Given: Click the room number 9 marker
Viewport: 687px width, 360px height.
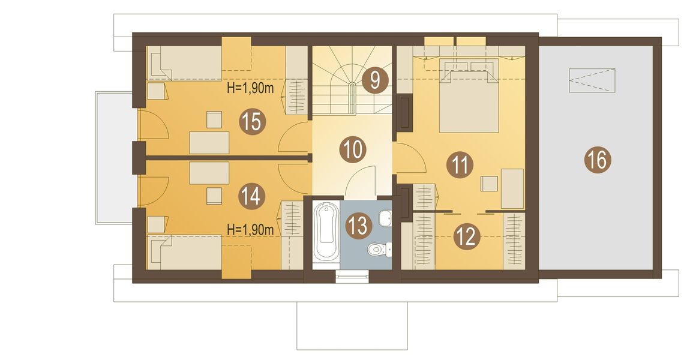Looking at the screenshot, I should click(x=375, y=80).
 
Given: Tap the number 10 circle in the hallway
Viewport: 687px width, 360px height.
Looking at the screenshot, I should click(x=354, y=149).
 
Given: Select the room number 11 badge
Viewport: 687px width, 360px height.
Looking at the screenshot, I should click(x=460, y=164).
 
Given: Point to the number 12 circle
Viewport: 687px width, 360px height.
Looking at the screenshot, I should click(x=467, y=236).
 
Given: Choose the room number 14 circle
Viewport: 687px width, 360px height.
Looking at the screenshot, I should click(x=251, y=196).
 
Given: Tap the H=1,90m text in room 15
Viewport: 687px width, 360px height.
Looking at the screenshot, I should click(x=250, y=89).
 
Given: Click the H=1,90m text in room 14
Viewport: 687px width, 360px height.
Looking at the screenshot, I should click(x=250, y=229).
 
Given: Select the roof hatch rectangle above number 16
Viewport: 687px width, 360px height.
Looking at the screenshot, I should click(x=593, y=80).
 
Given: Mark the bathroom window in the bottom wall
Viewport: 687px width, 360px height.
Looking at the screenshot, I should click(x=352, y=276).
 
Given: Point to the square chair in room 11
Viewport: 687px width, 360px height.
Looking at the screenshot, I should click(x=489, y=183).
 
